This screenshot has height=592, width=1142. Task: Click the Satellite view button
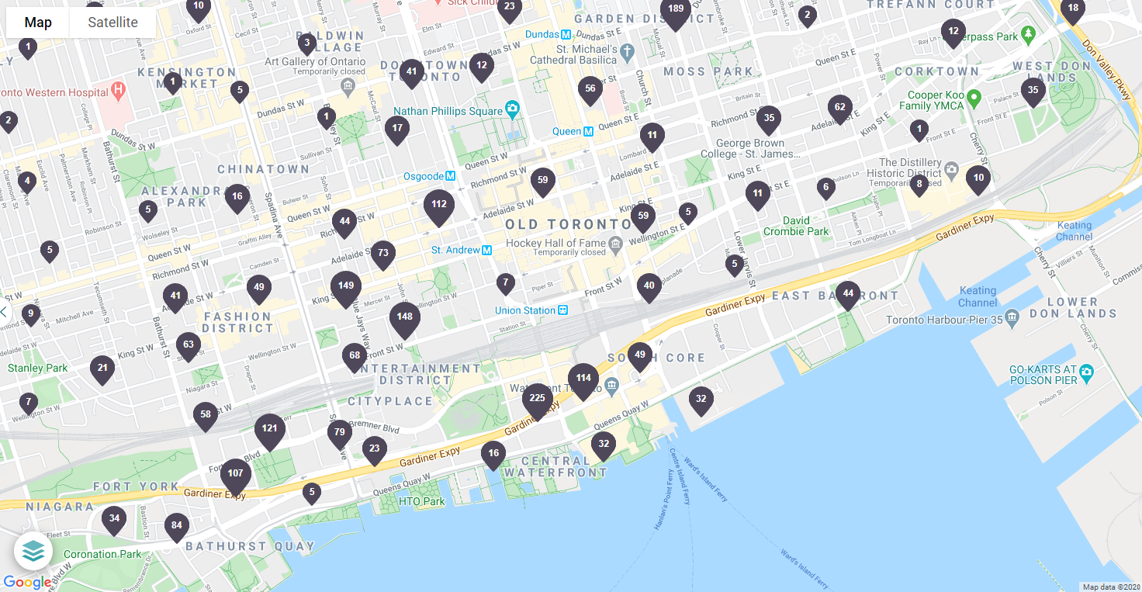pyautogui.click(x=112, y=23)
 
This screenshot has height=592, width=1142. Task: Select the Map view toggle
pyautogui.click(x=38, y=23)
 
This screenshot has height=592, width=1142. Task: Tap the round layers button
pyautogui.click(x=33, y=551)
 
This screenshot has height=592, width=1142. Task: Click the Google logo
pyautogui.click(x=27, y=582)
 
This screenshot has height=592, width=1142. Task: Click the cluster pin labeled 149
pyautogui.click(x=346, y=287)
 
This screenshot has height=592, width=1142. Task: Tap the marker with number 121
pyautogui.click(x=270, y=430)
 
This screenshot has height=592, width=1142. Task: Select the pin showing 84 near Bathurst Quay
pyautogui.click(x=177, y=527)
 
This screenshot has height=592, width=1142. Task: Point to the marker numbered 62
pyautogui.click(x=839, y=108)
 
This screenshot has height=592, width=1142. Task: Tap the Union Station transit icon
pyautogui.click(x=563, y=310)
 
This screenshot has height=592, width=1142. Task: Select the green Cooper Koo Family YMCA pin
pyautogui.click(x=974, y=99)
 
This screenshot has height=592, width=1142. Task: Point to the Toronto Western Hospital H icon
pyautogui.click(x=118, y=92)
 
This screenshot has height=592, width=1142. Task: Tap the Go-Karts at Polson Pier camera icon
pyautogui.click(x=1086, y=372)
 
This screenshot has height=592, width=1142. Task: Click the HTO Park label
pyautogui.click(x=421, y=501)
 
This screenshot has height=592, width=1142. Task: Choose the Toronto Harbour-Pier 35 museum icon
pyautogui.click(x=1012, y=317)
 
